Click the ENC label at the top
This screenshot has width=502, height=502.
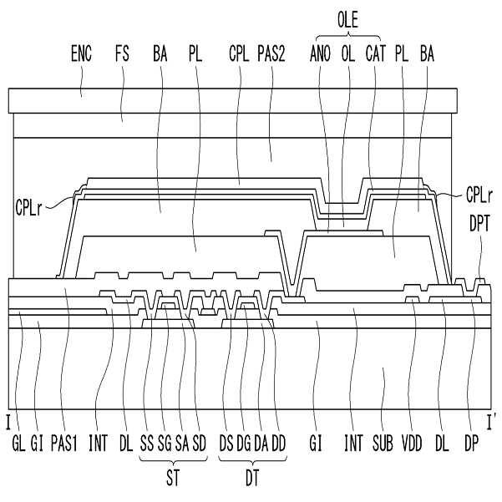click(82, 57)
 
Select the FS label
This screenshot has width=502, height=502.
click(123, 57)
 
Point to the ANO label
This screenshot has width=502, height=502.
click(321, 57)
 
